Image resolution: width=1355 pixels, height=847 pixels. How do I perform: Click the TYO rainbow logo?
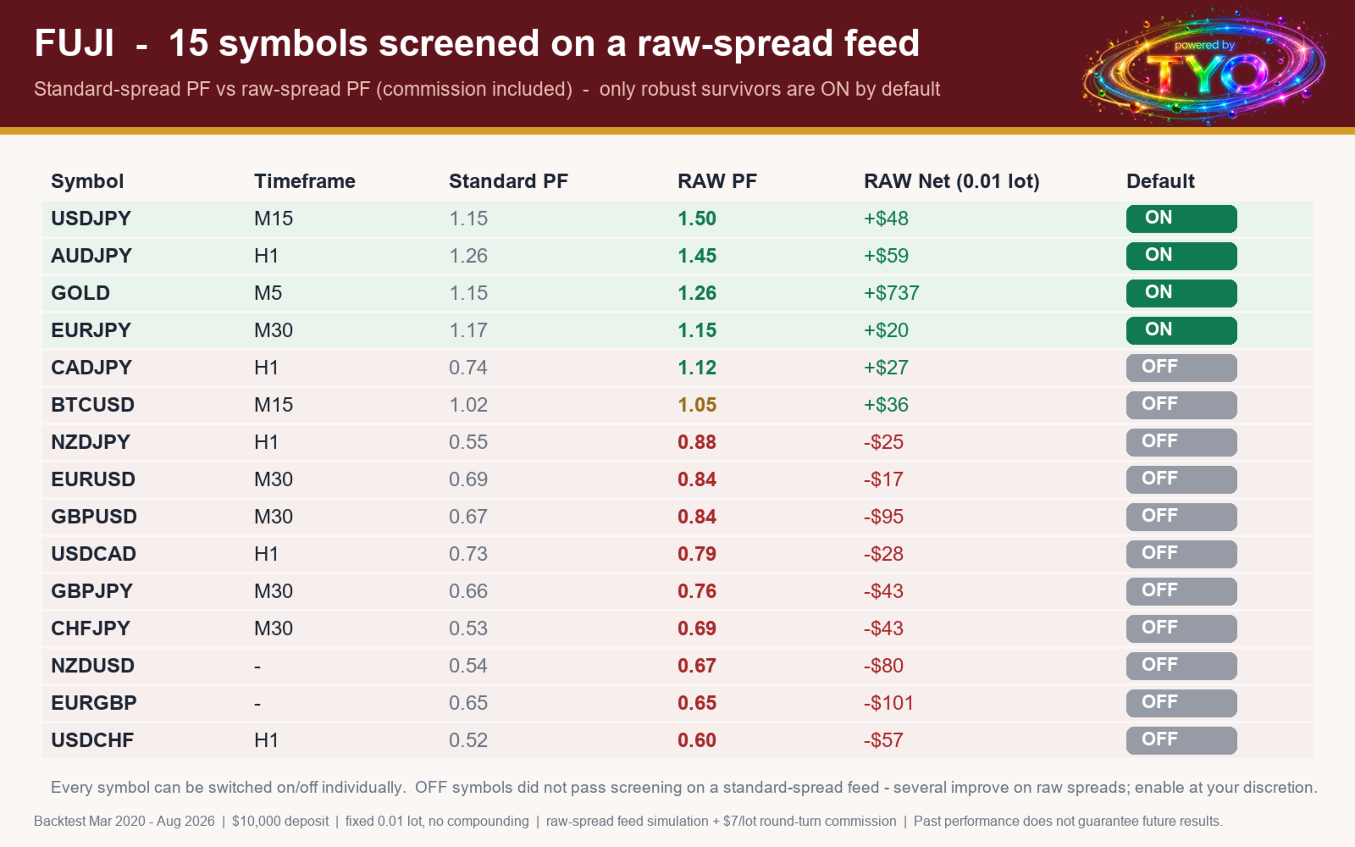(x=1203, y=68)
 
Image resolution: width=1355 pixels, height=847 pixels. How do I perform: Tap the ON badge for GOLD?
(x=1181, y=293)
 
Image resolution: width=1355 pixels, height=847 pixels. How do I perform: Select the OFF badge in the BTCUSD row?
(x=1181, y=405)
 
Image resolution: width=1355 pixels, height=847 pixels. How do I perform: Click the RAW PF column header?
(x=716, y=181)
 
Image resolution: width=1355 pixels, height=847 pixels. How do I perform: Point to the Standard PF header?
(x=508, y=181)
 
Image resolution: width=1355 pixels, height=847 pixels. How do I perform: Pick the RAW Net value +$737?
(x=891, y=293)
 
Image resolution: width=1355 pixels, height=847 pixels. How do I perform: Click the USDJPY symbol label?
(x=91, y=219)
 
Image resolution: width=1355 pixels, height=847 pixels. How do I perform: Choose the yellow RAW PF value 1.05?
(x=697, y=405)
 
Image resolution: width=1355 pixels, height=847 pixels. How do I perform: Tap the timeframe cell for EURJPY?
(x=274, y=330)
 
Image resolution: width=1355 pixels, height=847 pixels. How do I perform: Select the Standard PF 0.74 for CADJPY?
(x=468, y=368)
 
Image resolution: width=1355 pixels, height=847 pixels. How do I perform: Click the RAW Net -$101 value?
(x=888, y=703)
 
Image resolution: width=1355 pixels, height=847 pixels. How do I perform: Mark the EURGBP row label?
(x=94, y=703)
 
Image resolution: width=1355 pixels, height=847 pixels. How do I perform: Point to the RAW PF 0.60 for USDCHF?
(x=697, y=740)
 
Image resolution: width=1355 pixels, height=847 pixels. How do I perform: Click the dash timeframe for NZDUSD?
(x=257, y=667)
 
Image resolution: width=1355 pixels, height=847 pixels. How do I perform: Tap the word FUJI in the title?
(x=75, y=43)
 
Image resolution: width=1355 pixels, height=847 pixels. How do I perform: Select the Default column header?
(x=1160, y=181)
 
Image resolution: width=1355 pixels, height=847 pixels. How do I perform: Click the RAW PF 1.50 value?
(x=697, y=219)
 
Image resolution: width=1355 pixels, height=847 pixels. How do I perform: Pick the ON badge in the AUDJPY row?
(x=1181, y=256)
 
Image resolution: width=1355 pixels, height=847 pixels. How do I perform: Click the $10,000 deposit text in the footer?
(x=280, y=821)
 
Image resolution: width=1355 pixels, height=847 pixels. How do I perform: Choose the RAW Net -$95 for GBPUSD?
(x=884, y=517)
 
